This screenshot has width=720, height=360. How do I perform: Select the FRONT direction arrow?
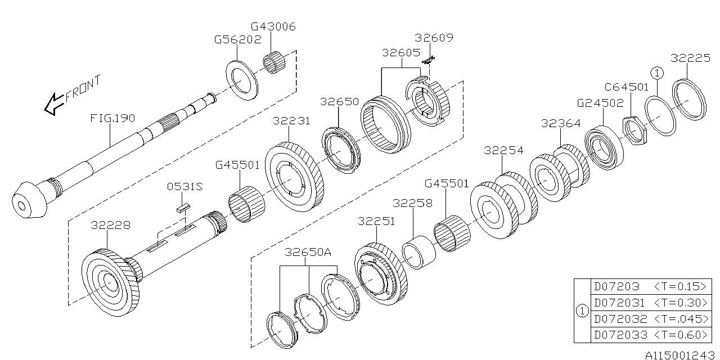(x=55, y=103)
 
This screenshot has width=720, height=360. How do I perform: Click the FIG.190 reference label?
(x=113, y=118)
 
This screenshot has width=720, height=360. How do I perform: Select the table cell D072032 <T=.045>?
(x=650, y=318)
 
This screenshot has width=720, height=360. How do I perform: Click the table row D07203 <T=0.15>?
(x=650, y=286)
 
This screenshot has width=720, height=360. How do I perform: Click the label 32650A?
(x=308, y=252)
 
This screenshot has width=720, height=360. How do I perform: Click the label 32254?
(x=503, y=150)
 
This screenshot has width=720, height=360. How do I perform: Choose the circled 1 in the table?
(x=583, y=310)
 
